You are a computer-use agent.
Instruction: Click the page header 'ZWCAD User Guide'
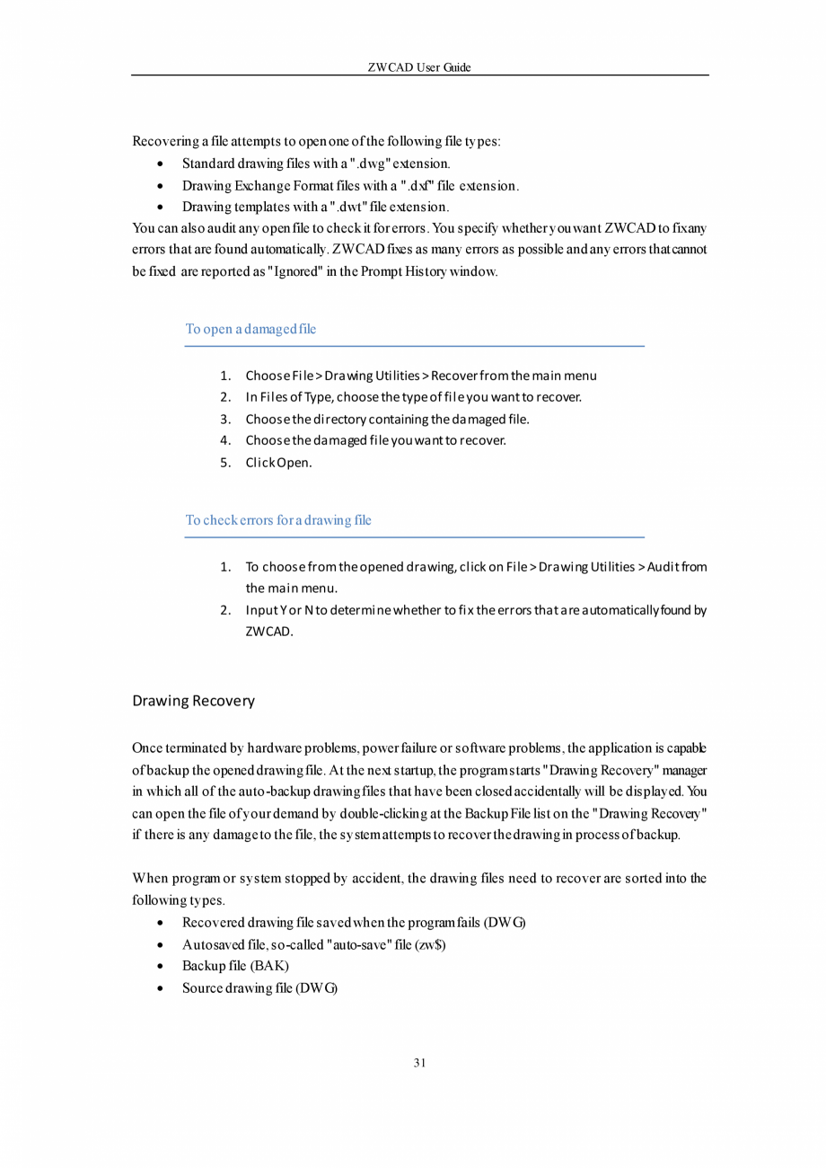click(419, 67)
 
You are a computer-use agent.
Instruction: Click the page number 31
click(419, 1063)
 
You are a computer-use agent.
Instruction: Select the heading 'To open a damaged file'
click(250, 329)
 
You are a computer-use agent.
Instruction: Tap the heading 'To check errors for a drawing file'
click(278, 520)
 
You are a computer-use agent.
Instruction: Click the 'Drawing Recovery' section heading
click(193, 701)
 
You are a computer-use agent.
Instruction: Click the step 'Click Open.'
click(278, 463)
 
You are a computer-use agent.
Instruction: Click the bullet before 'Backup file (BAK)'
click(160, 967)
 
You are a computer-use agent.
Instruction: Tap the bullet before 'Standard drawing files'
click(160, 164)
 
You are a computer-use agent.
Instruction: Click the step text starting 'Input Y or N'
click(476, 611)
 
